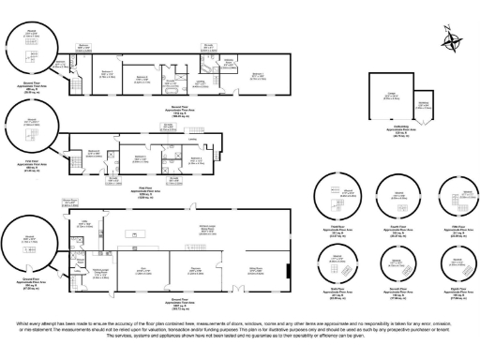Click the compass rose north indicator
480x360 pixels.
(455, 42)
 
